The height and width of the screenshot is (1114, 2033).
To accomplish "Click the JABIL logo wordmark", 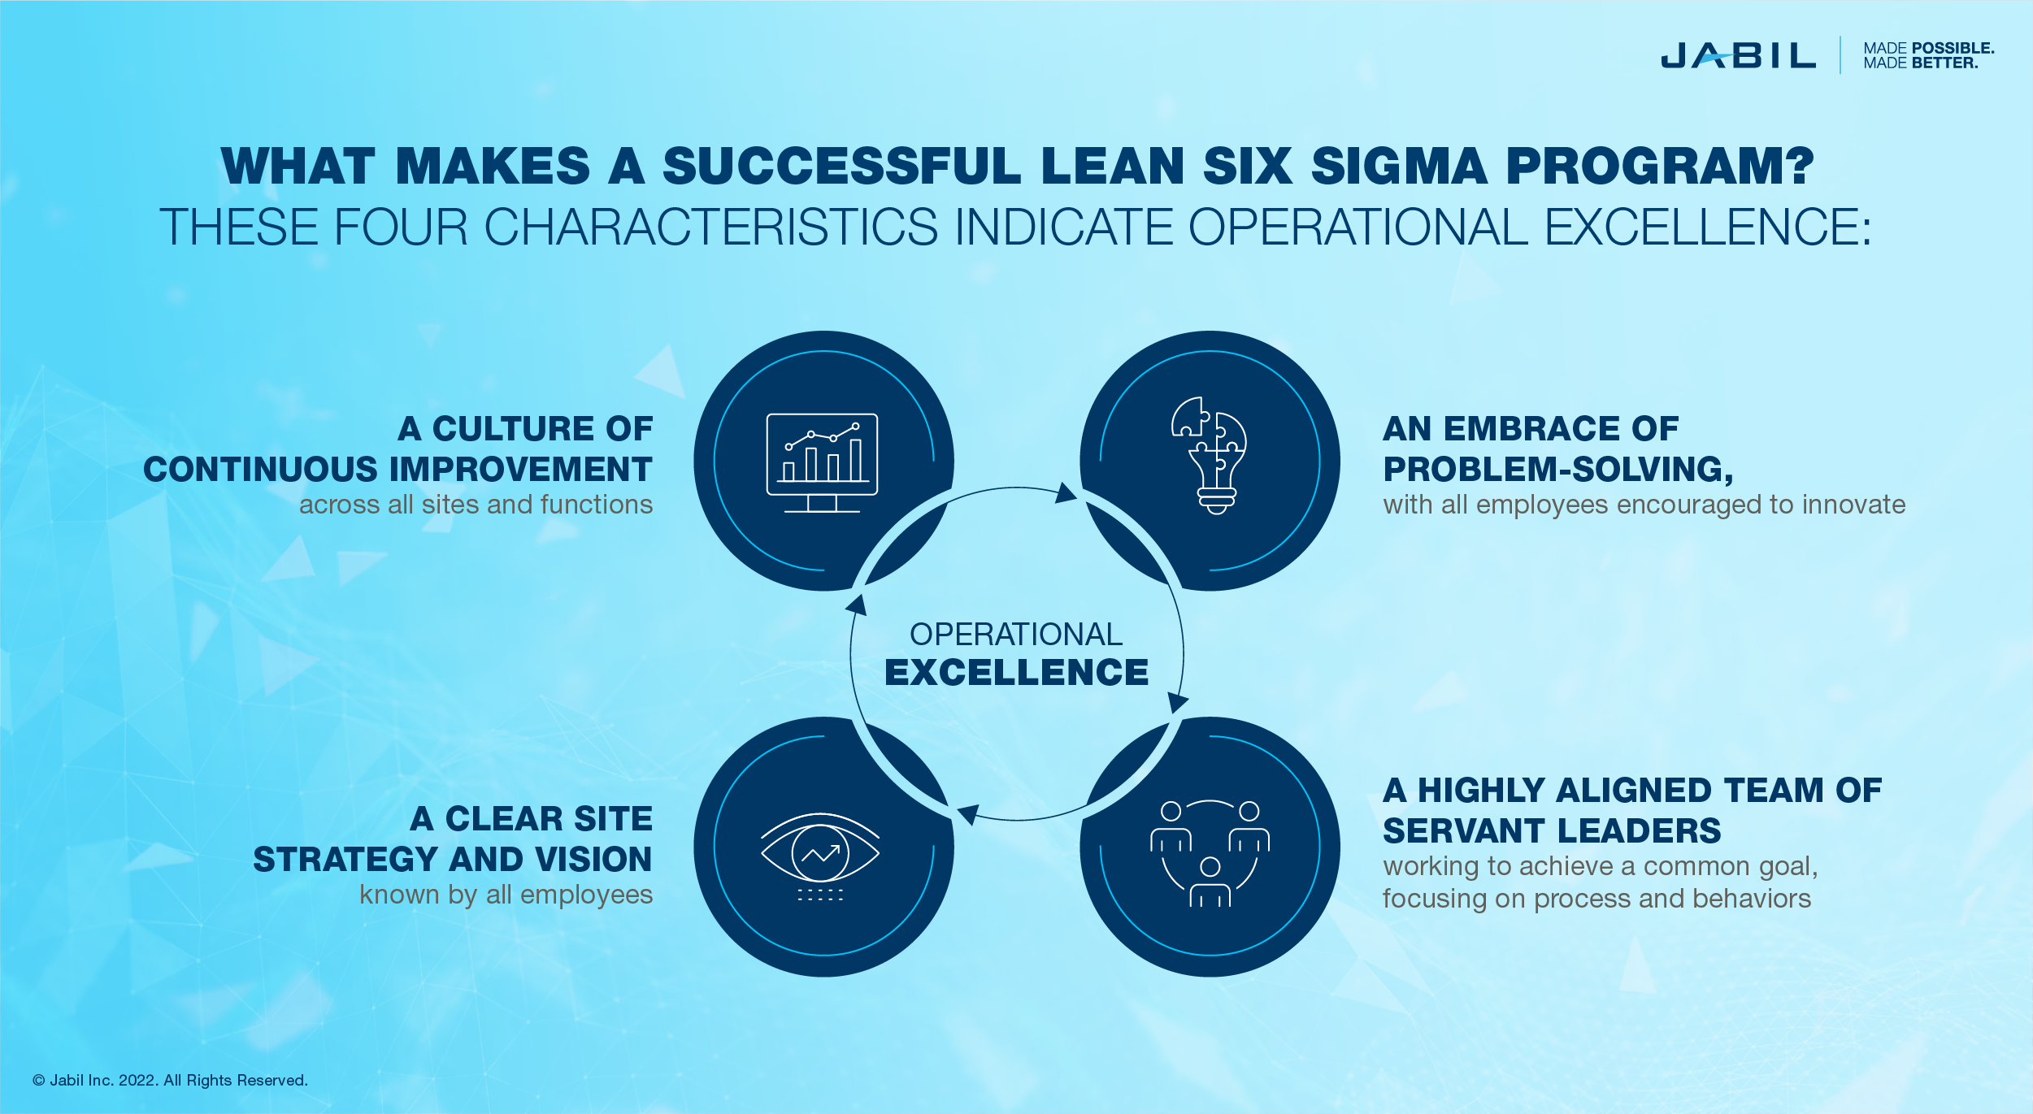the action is pos(1738,55).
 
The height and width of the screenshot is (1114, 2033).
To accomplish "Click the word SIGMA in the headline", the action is pos(1398,166).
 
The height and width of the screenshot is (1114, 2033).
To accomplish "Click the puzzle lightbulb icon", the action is pos(1210,455).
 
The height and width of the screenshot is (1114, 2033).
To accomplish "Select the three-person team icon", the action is pos(1210,853).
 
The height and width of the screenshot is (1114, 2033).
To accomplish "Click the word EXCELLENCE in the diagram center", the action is pos(1016,673).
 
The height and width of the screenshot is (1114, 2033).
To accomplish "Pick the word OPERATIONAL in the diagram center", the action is pos(1016,634).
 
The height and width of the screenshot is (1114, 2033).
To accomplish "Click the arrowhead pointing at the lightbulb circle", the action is pos(1066,492).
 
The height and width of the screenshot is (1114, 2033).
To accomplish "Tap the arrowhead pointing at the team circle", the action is pos(1178,702).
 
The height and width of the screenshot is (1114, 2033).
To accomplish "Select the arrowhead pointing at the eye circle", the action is pos(968,814).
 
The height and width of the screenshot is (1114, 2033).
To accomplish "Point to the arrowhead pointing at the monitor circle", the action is pos(856,605).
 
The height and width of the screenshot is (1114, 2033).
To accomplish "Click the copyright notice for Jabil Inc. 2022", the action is pos(170,1080).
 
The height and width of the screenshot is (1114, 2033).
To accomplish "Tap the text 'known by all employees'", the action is pos(506,895).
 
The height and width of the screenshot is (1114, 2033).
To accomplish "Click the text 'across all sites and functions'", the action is pos(476,505).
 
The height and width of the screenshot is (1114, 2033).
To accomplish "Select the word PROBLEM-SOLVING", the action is pos(1558,469).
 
